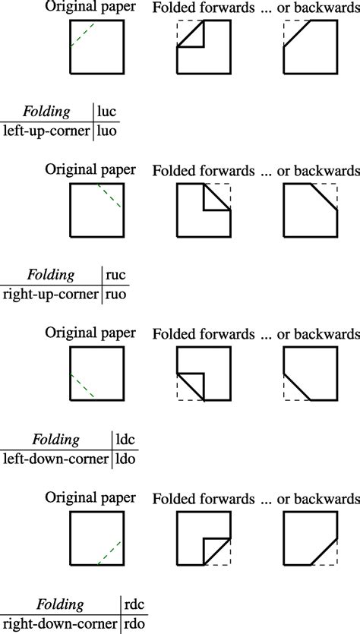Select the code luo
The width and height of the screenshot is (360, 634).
(107, 131)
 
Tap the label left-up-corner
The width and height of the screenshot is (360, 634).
(46, 132)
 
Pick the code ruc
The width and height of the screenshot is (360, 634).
(115, 276)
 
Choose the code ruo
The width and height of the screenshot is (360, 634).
(116, 295)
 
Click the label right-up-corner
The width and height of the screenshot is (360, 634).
(51, 295)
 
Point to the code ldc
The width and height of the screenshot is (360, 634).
(125, 439)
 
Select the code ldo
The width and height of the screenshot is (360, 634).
(125, 458)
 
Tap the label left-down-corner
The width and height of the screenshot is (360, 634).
(55, 459)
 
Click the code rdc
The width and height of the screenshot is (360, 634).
(134, 604)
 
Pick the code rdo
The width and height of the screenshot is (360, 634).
(134, 623)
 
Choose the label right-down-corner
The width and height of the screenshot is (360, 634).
(60, 623)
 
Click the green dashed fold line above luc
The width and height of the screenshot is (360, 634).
(83, 35)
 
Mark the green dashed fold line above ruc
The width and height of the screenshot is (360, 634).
(109, 196)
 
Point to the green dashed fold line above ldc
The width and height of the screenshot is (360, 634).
(83, 386)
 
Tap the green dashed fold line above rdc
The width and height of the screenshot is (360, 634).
(109, 552)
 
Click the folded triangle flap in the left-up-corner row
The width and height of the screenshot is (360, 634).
(194, 39)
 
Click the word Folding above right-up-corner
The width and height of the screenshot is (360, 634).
(51, 276)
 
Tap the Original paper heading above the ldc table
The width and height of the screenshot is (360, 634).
(90, 333)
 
